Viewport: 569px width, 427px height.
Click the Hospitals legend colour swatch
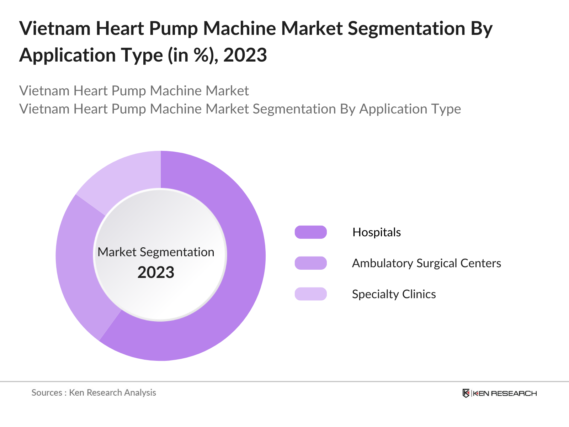pyautogui.click(x=310, y=232)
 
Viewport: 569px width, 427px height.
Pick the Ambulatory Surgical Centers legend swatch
pyautogui.click(x=310, y=263)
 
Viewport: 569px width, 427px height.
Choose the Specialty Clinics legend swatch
pyautogui.click(x=310, y=294)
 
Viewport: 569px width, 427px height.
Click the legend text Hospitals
pyautogui.click(x=376, y=232)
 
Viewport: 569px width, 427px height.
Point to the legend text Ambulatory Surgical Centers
pyautogui.click(x=426, y=263)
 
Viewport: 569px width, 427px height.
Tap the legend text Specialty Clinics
pyautogui.click(x=394, y=294)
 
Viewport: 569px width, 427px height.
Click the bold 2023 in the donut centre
pyautogui.click(x=156, y=273)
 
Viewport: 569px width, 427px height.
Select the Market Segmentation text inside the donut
pyautogui.click(x=156, y=252)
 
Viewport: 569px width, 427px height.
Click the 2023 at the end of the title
pyautogui.click(x=245, y=55)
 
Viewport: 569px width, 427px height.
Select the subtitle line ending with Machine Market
pyautogui.click(x=134, y=91)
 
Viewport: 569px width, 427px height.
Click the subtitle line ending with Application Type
pyautogui.click(x=240, y=109)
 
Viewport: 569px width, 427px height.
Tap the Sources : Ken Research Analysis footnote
pyautogui.click(x=94, y=392)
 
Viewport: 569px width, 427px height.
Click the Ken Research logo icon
pyautogui.click(x=466, y=393)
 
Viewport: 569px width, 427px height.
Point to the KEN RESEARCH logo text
pyautogui.click(x=505, y=393)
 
